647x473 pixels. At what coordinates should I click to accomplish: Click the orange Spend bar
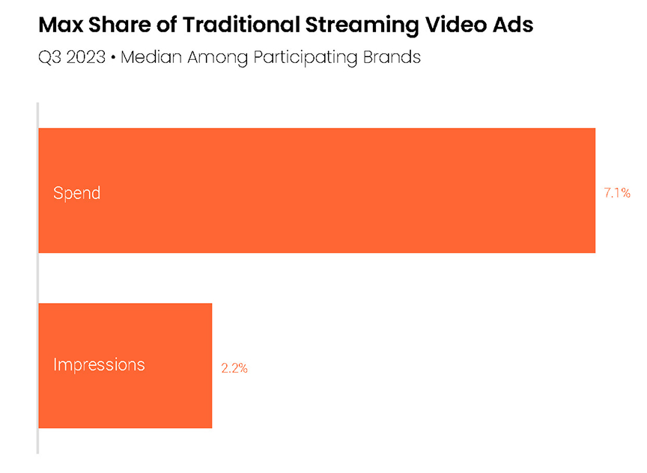pos(317,190)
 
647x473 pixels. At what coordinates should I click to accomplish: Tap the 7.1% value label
pos(617,192)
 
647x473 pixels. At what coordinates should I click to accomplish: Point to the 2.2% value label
pos(234,367)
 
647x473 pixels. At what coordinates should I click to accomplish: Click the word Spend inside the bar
pos(76,192)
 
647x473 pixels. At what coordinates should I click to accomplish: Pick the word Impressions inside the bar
pos(99,365)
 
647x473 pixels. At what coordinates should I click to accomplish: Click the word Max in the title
pos(60,25)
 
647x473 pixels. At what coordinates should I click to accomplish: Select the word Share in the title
pos(118,25)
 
